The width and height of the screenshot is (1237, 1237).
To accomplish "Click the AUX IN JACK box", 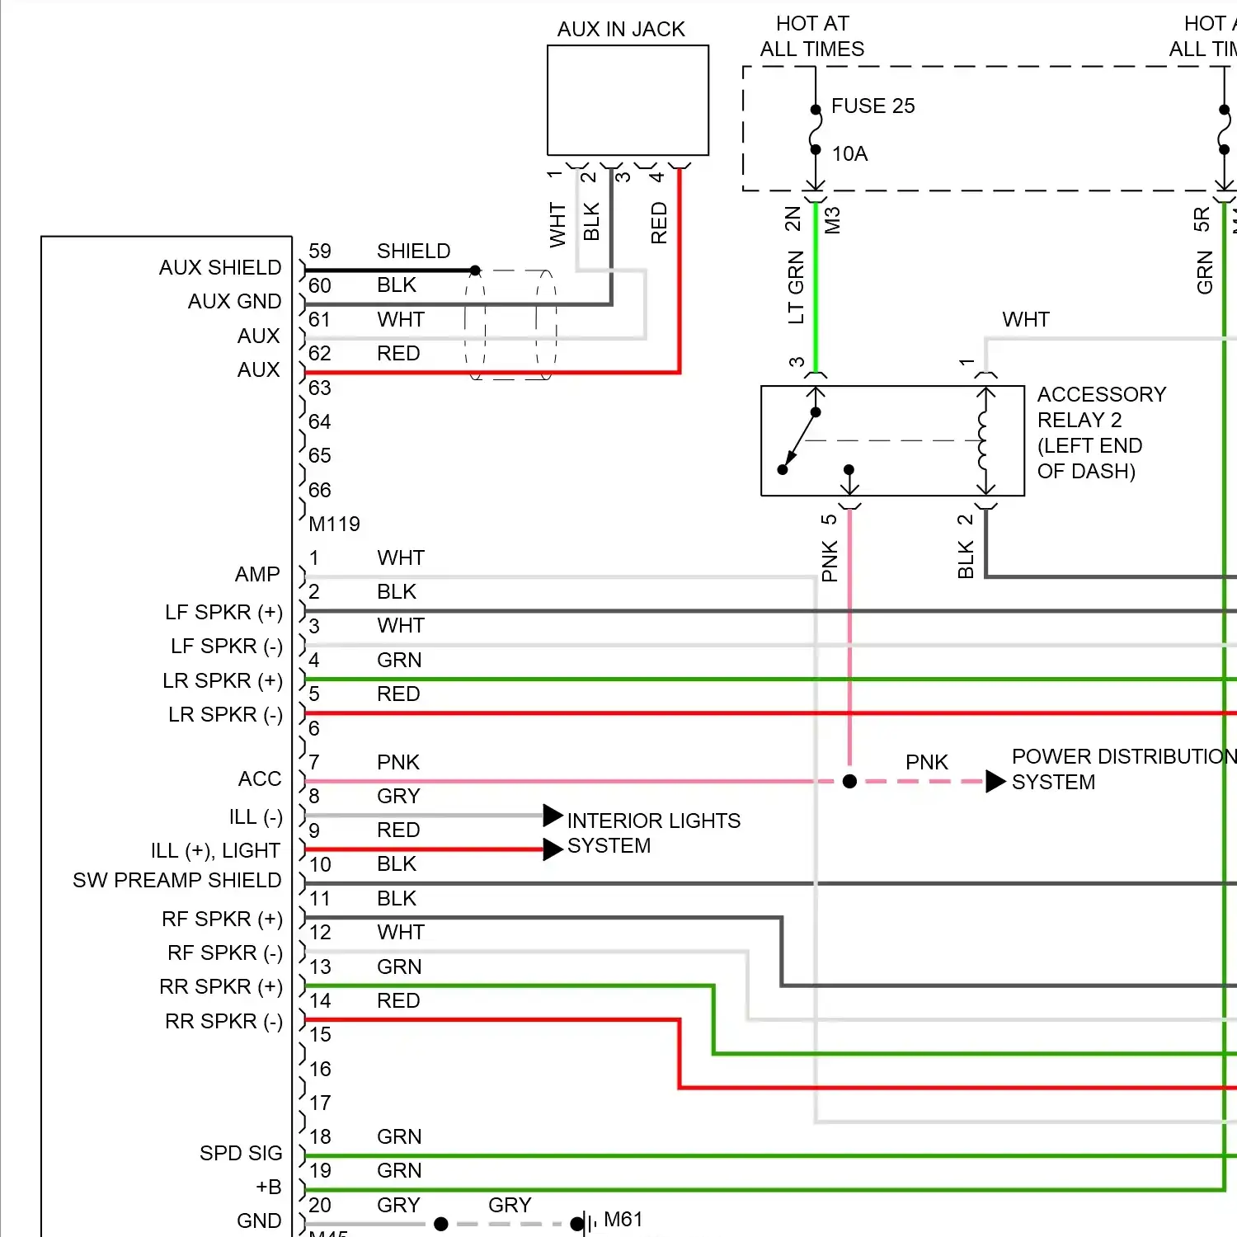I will (x=628, y=100).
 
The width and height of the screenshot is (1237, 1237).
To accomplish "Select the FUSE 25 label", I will (x=872, y=106).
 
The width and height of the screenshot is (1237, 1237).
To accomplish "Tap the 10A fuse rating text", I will (x=849, y=154).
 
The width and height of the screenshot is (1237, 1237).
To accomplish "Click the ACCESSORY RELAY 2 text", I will (x=1100, y=407).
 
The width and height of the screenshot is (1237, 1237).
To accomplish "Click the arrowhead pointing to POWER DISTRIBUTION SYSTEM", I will (x=995, y=781).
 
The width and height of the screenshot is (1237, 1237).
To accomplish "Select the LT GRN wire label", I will (x=796, y=287).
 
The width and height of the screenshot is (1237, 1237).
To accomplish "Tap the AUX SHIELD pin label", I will (x=220, y=268).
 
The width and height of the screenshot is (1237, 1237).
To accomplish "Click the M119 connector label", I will (x=334, y=524).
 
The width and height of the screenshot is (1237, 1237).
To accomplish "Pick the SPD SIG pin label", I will (x=241, y=1153).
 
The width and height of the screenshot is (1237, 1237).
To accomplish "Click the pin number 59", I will (x=320, y=252).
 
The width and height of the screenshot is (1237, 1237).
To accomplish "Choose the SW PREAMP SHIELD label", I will (x=176, y=881).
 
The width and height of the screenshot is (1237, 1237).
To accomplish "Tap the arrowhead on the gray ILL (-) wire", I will (x=553, y=816).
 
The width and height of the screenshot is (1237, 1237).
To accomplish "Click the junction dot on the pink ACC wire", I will (x=849, y=781).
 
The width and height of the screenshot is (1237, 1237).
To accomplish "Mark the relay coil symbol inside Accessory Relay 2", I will (x=983, y=440).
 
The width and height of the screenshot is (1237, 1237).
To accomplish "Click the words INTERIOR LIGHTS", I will (x=653, y=821).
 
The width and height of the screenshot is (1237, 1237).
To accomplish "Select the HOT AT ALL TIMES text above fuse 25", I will (x=812, y=36).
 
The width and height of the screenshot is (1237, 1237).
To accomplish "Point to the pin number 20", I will (x=320, y=1205).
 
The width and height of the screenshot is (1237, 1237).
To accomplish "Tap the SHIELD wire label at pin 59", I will (x=413, y=252).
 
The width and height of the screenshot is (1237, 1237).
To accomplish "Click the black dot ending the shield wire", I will (x=475, y=270).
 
